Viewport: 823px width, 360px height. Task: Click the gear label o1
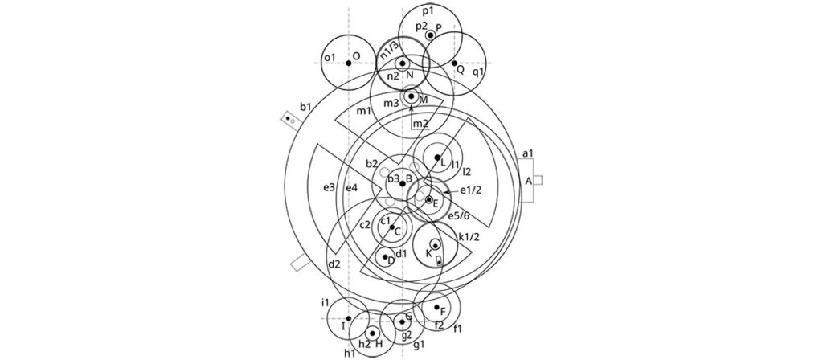[328, 58]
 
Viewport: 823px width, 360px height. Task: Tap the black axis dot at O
[348, 63]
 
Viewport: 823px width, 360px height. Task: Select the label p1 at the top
[428, 10]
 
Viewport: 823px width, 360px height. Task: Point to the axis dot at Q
[454, 63]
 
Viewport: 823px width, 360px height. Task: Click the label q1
[478, 72]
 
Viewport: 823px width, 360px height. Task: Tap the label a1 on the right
[528, 153]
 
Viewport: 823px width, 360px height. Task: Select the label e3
[329, 187]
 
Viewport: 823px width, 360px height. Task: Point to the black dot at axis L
[437, 157]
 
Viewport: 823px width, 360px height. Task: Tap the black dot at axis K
[435, 245]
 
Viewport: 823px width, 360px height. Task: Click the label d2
[334, 264]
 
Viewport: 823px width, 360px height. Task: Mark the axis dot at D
[387, 257]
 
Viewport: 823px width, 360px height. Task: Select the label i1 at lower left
[325, 302]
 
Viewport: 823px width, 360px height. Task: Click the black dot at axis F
[436, 307]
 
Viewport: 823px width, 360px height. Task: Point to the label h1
[350, 352]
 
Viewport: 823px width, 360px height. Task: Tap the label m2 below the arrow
[420, 123]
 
